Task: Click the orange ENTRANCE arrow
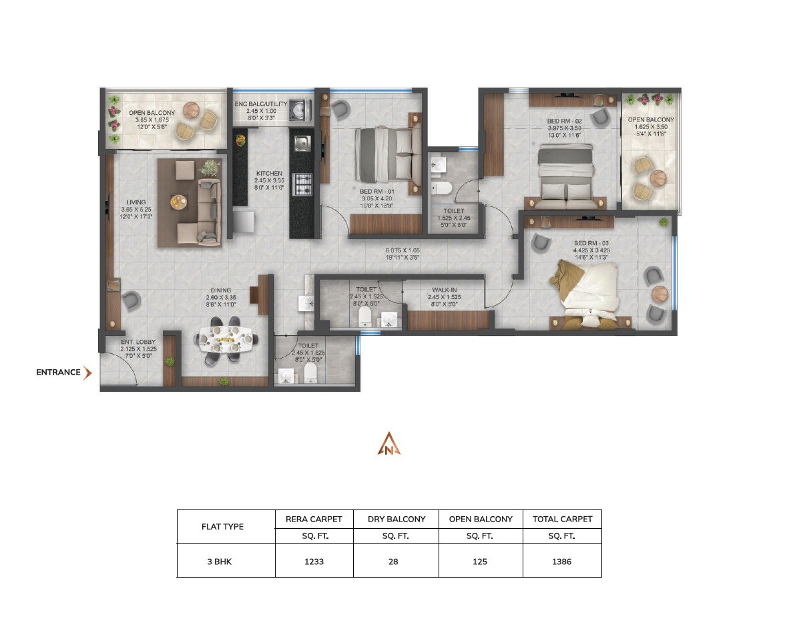[87, 373]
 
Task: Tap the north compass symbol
[389, 443]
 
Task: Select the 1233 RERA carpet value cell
[314, 562]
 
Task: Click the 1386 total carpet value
[561, 562]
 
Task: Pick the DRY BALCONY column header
[396, 519]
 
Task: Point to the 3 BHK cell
[219, 562]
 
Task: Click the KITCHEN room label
[269, 174]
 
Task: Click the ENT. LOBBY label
[139, 342]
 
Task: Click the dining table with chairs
[227, 339]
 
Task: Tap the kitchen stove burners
[302, 183]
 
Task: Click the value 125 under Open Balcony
[481, 562]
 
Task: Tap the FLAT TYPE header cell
[222, 526]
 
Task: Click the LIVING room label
[136, 202]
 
